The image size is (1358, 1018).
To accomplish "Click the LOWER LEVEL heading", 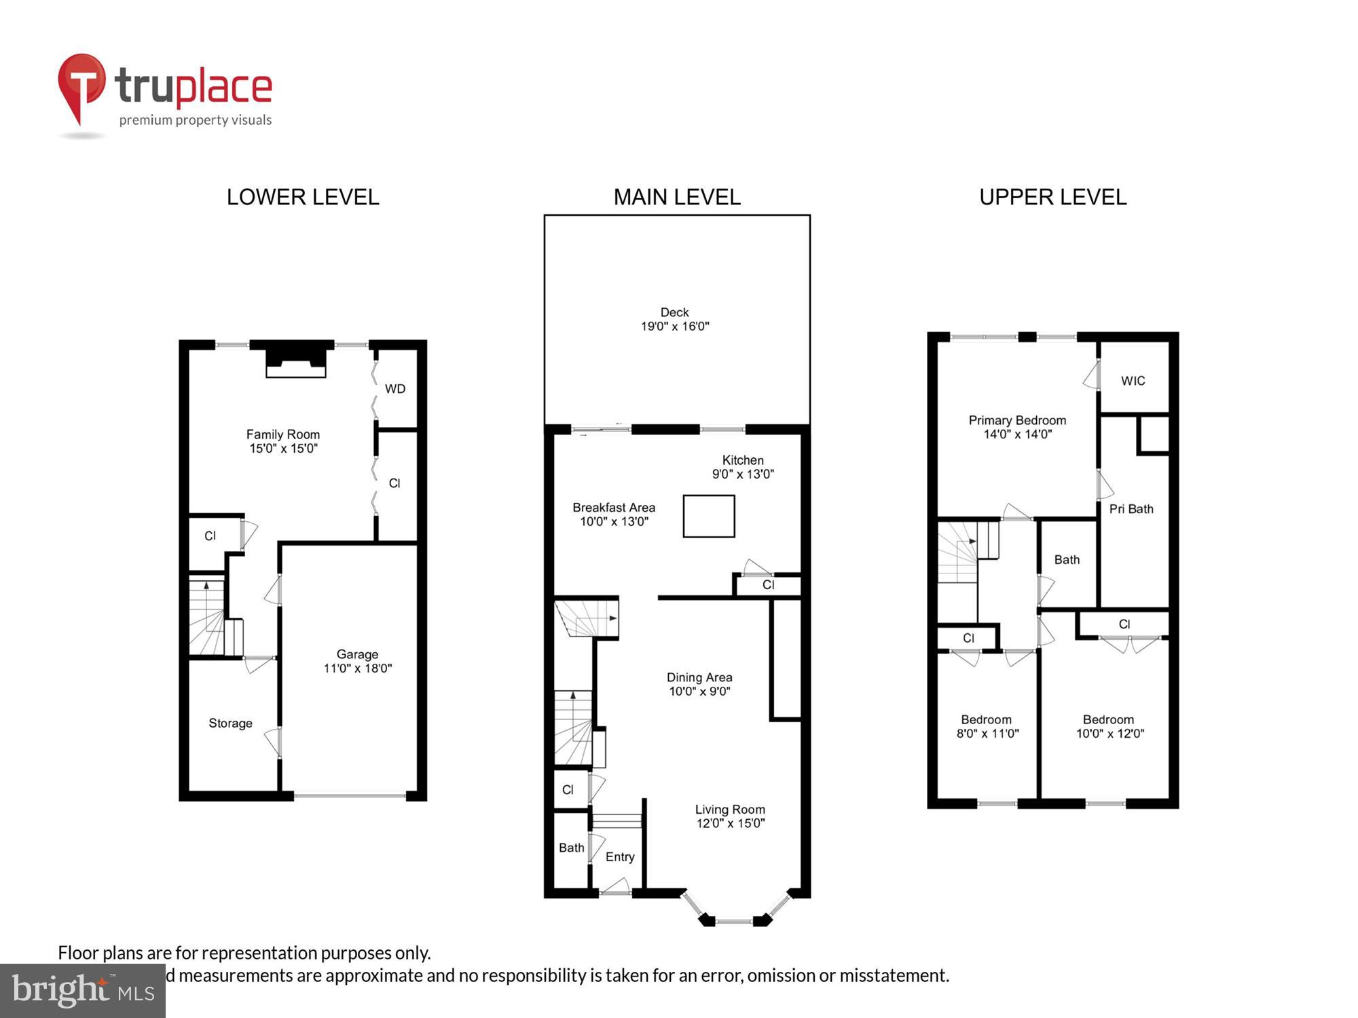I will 303,197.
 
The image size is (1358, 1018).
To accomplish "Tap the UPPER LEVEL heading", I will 1052,197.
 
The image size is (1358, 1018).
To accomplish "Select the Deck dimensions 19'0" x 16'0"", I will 675,326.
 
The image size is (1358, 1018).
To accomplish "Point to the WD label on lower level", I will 395,389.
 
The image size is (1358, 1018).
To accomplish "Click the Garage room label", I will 357,654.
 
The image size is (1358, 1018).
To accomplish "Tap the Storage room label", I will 230,723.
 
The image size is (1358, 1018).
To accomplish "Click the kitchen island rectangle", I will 709,516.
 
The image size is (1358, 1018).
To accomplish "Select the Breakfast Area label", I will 614,508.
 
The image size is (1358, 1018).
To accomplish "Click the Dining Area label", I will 699,677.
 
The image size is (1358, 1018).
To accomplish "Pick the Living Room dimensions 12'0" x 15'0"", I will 731,823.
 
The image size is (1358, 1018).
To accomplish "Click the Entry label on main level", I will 620,857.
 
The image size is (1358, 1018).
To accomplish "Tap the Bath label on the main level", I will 571,848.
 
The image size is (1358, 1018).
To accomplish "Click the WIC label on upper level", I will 1133,381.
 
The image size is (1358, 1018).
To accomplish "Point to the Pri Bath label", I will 1131,509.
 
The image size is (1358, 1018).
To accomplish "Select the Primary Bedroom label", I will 1017,421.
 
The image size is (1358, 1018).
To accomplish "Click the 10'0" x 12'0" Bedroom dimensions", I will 1110,734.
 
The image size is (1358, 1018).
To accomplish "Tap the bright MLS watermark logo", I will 83,991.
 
